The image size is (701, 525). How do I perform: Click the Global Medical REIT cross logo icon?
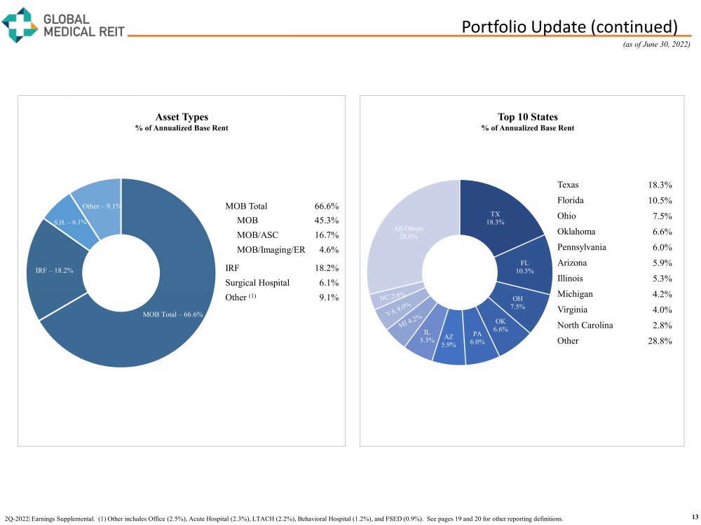[20, 24]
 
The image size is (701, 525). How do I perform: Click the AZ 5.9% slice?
[449, 341]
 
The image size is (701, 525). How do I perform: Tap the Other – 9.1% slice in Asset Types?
[100, 206]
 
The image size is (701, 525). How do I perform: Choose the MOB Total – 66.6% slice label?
[172, 314]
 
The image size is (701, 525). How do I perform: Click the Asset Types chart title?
[182, 117]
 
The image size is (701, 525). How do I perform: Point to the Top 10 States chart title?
[528, 117]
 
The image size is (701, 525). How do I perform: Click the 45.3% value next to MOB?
[327, 221]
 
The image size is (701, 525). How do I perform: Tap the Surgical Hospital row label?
[257, 283]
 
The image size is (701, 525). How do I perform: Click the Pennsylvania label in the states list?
[582, 247]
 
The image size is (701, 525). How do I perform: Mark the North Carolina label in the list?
[585, 325]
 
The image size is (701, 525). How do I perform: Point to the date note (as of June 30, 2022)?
[658, 45]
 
